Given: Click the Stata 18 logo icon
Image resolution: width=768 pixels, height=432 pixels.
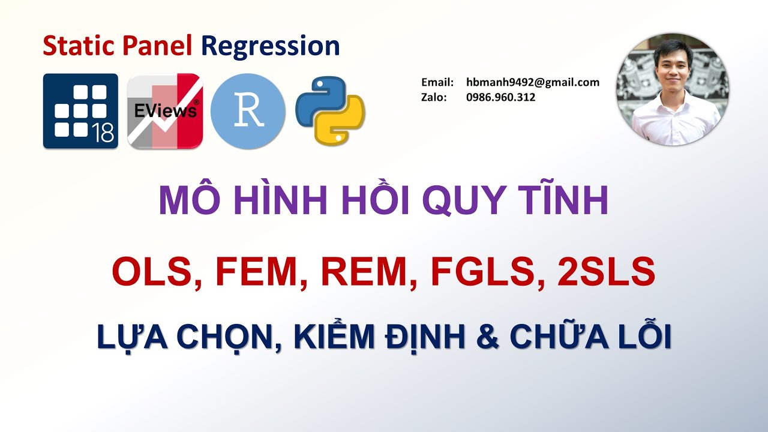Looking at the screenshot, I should point(80,111).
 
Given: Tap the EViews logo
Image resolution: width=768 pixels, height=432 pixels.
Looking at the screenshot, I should point(165,111).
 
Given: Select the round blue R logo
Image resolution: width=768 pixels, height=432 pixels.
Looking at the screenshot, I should point(248,112).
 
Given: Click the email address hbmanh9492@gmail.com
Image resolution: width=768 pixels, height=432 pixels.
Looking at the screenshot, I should point(532,83).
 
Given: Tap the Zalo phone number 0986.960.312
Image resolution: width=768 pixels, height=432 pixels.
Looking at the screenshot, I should point(500,97).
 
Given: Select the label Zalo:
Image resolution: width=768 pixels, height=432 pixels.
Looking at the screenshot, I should point(434,97).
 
